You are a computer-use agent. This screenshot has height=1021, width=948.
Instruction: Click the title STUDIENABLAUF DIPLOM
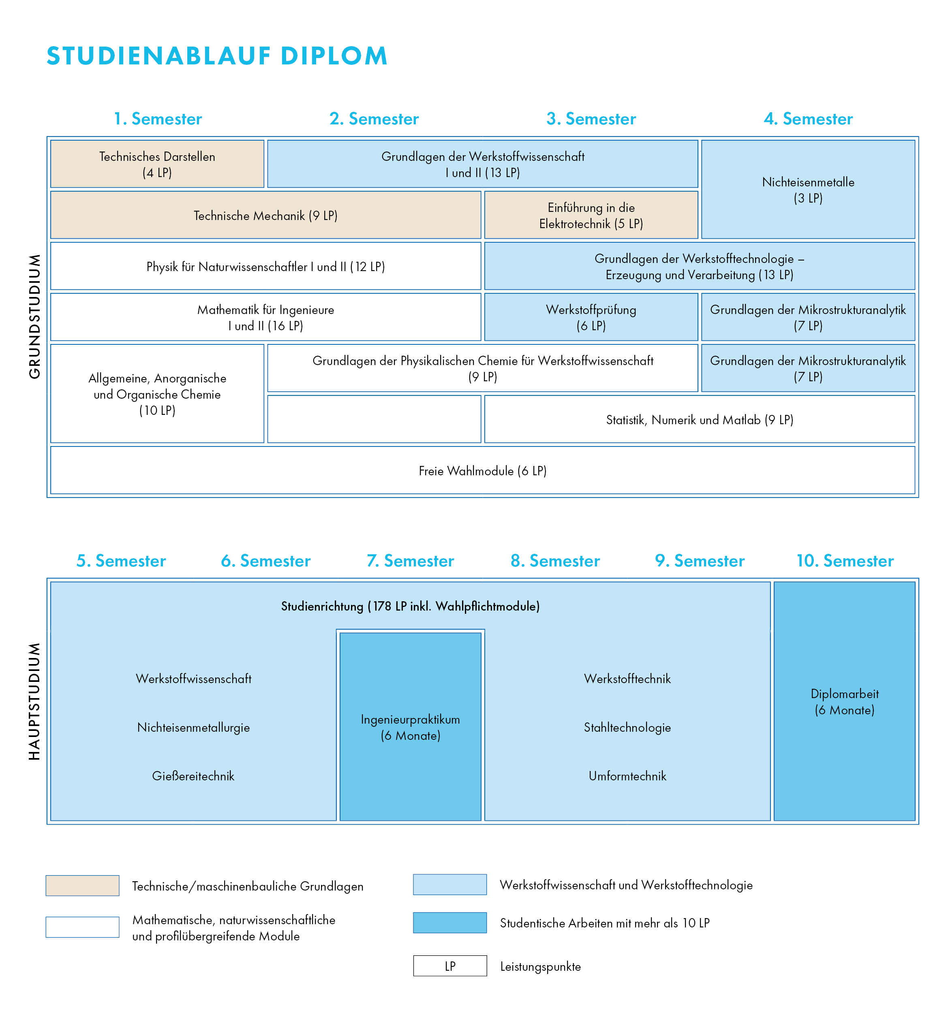click(x=216, y=56)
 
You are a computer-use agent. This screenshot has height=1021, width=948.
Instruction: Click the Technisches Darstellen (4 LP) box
click(x=158, y=164)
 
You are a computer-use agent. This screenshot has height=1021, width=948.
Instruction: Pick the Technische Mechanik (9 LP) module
click(x=266, y=215)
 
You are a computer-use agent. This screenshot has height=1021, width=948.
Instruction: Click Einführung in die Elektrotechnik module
click(x=591, y=215)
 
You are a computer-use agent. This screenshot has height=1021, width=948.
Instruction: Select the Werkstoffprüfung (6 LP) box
click(x=591, y=317)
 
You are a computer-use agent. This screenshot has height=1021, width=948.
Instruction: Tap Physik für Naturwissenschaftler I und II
click(x=266, y=266)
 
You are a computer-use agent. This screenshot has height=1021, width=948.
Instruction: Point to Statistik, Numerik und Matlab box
click(x=700, y=419)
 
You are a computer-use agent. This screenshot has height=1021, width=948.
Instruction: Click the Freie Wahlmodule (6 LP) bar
click(x=483, y=470)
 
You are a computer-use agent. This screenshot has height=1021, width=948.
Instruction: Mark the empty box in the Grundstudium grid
click(x=374, y=419)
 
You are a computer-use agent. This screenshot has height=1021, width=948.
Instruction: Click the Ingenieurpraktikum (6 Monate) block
click(x=411, y=726)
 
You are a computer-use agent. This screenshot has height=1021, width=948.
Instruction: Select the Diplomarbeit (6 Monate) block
click(x=844, y=701)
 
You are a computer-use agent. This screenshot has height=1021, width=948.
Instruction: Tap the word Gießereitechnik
click(x=193, y=776)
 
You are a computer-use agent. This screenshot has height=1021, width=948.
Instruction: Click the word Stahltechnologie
click(x=627, y=728)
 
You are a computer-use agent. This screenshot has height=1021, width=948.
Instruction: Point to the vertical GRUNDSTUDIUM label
click(x=34, y=317)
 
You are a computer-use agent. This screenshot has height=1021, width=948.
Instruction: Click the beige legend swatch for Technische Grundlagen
click(x=83, y=886)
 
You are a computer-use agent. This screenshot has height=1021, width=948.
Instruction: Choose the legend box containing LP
click(x=450, y=965)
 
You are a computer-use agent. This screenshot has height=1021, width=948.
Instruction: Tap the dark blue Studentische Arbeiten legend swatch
click(x=450, y=923)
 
